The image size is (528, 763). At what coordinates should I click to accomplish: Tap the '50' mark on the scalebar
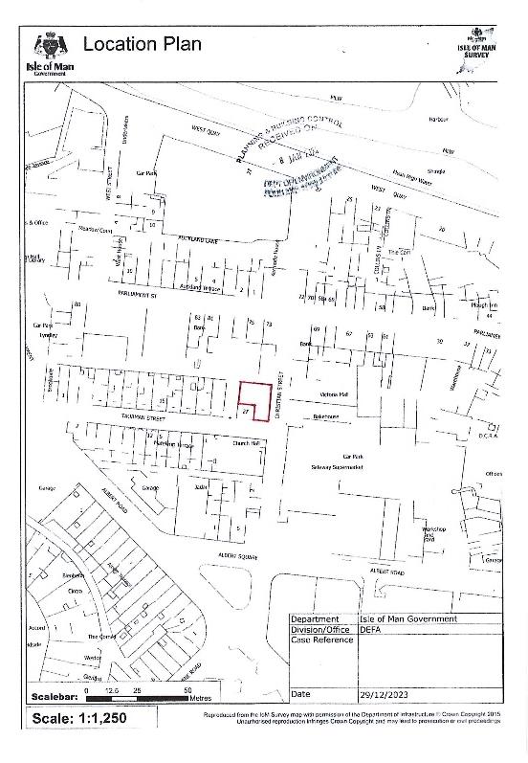(187, 688)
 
